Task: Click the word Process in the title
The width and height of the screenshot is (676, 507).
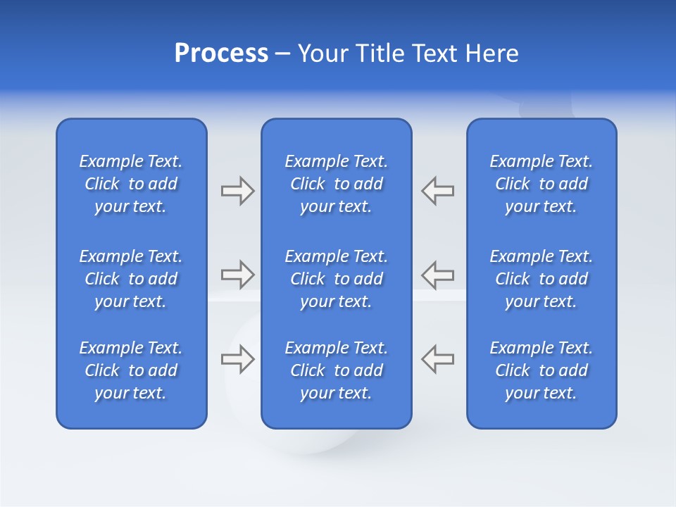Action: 221,54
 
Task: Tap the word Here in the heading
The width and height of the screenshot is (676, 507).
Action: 492,54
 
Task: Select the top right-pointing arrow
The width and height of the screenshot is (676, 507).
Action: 237,191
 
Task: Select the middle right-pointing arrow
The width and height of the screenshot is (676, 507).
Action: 237,275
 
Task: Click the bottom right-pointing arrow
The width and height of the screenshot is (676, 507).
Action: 237,359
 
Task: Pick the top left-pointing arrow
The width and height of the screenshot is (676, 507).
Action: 438,191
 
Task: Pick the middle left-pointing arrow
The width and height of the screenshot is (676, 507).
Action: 438,275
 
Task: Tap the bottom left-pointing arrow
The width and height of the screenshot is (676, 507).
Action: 438,359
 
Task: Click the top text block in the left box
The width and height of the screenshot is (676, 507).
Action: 131,184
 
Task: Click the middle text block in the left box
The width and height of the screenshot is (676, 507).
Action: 131,279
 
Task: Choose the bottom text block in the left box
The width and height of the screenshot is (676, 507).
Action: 131,370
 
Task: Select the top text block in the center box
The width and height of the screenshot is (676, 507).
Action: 336,184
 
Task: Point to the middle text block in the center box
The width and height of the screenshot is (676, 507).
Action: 336,279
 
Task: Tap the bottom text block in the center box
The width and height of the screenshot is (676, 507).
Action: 336,370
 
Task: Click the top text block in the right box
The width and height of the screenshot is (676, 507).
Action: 542,184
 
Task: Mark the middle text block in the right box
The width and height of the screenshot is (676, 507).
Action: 542,279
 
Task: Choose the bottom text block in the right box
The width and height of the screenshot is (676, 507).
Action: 542,370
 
